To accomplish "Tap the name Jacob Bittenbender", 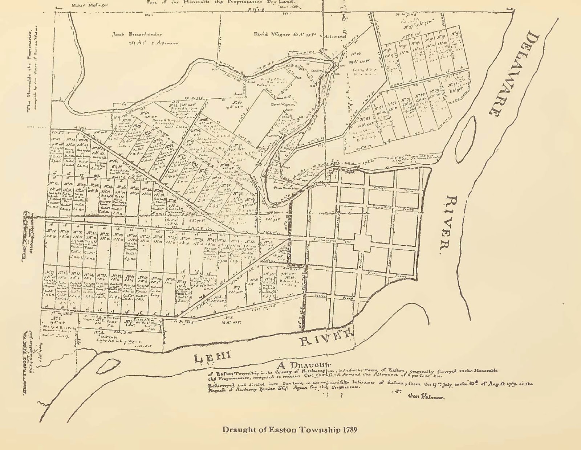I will (x=137, y=34).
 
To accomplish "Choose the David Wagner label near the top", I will (x=272, y=34).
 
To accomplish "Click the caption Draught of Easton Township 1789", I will (x=289, y=430).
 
